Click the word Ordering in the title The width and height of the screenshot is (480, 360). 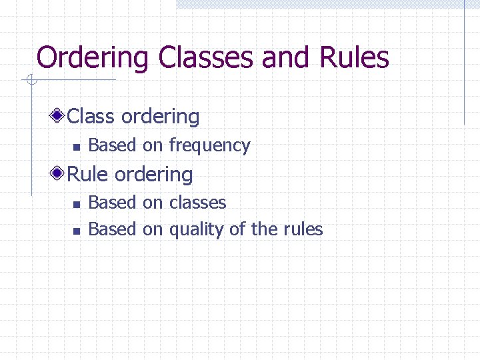pyautogui.click(x=93, y=59)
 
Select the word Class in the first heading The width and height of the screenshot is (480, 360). pyautogui.click(x=91, y=117)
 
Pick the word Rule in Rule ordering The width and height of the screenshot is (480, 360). pyautogui.click(x=89, y=175)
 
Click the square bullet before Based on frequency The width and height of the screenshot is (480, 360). pyautogui.click(x=77, y=147)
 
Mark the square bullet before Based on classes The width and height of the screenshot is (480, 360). pyautogui.click(x=77, y=204)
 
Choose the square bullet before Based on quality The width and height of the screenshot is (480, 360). pyautogui.click(x=77, y=231)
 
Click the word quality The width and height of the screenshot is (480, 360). pyautogui.click(x=197, y=230)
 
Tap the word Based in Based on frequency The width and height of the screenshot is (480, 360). pyautogui.click(x=112, y=145)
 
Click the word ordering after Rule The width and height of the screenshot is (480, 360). pyautogui.click(x=154, y=175)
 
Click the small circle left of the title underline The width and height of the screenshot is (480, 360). pyautogui.click(x=30, y=81)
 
